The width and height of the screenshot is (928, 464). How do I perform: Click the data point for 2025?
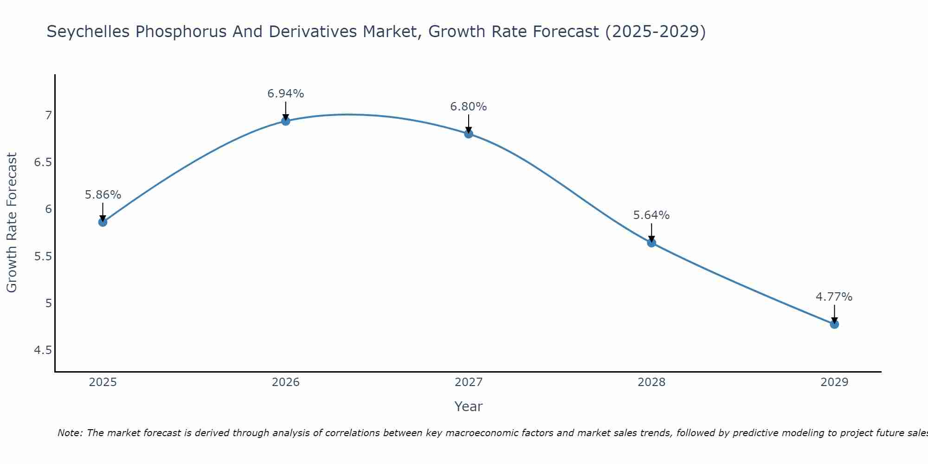pos(103,222)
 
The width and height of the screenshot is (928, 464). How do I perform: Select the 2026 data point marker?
pos(286,121)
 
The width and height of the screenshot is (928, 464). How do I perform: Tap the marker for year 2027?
pos(469,134)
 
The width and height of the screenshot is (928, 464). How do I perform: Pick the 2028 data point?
pos(651,243)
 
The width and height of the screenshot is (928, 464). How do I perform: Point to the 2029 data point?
pos(834,324)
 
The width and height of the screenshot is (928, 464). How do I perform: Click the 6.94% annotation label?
pos(286,94)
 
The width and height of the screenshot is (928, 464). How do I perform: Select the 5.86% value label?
pos(103,195)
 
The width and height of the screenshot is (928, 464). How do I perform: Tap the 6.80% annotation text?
pos(469,107)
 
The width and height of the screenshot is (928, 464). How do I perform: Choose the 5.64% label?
pos(651,215)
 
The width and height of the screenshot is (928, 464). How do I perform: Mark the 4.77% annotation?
pos(834,297)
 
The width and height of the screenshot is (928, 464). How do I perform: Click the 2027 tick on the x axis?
pos(469,382)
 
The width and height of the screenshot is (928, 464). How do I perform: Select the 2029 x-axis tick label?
pos(834,382)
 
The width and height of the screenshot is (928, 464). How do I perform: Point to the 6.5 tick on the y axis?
pos(43,162)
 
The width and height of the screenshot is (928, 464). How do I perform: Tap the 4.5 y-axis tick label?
pos(43,350)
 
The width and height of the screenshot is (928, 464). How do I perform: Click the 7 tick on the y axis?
pos(48,115)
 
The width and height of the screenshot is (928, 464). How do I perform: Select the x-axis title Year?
pos(469,406)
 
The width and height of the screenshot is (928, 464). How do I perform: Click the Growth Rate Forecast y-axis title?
pos(12,223)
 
